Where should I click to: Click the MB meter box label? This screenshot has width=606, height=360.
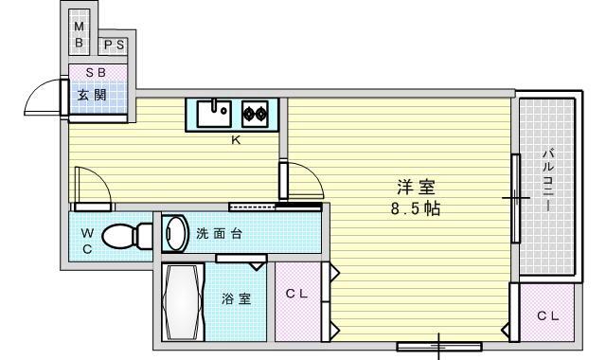pyautogui.click(x=80, y=34)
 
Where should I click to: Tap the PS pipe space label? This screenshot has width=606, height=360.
pyautogui.click(x=115, y=45)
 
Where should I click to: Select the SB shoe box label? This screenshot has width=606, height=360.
pyautogui.click(x=96, y=72)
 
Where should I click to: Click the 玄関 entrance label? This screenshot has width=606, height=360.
pyautogui.click(x=92, y=95)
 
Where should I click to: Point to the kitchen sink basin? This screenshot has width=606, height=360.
pyautogui.click(x=215, y=114)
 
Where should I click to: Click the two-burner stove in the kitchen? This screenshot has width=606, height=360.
pyautogui.click(x=255, y=114)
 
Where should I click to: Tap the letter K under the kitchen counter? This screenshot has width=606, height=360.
pyautogui.click(x=236, y=140)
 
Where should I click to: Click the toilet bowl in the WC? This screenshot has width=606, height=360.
pyautogui.click(x=122, y=236)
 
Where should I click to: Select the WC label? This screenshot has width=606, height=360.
pyautogui.click(x=87, y=242)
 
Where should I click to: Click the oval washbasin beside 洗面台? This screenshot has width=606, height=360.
pyautogui.click(x=175, y=234)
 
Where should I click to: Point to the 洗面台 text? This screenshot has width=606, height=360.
pyautogui.click(x=219, y=234)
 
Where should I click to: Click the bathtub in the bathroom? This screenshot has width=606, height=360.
pyautogui.click(x=183, y=302)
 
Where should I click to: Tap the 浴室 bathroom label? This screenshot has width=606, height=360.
pyautogui.click(x=236, y=298)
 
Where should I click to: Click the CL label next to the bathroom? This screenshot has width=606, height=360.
pyautogui.click(x=296, y=294)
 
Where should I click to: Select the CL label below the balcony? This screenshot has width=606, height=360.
pyautogui.click(x=548, y=316)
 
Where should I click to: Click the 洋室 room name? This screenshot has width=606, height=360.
pyautogui.click(x=416, y=188)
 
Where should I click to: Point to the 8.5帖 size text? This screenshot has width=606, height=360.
pyautogui.click(x=416, y=208)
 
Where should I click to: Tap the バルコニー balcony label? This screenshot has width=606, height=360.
pyautogui.click(x=548, y=179)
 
